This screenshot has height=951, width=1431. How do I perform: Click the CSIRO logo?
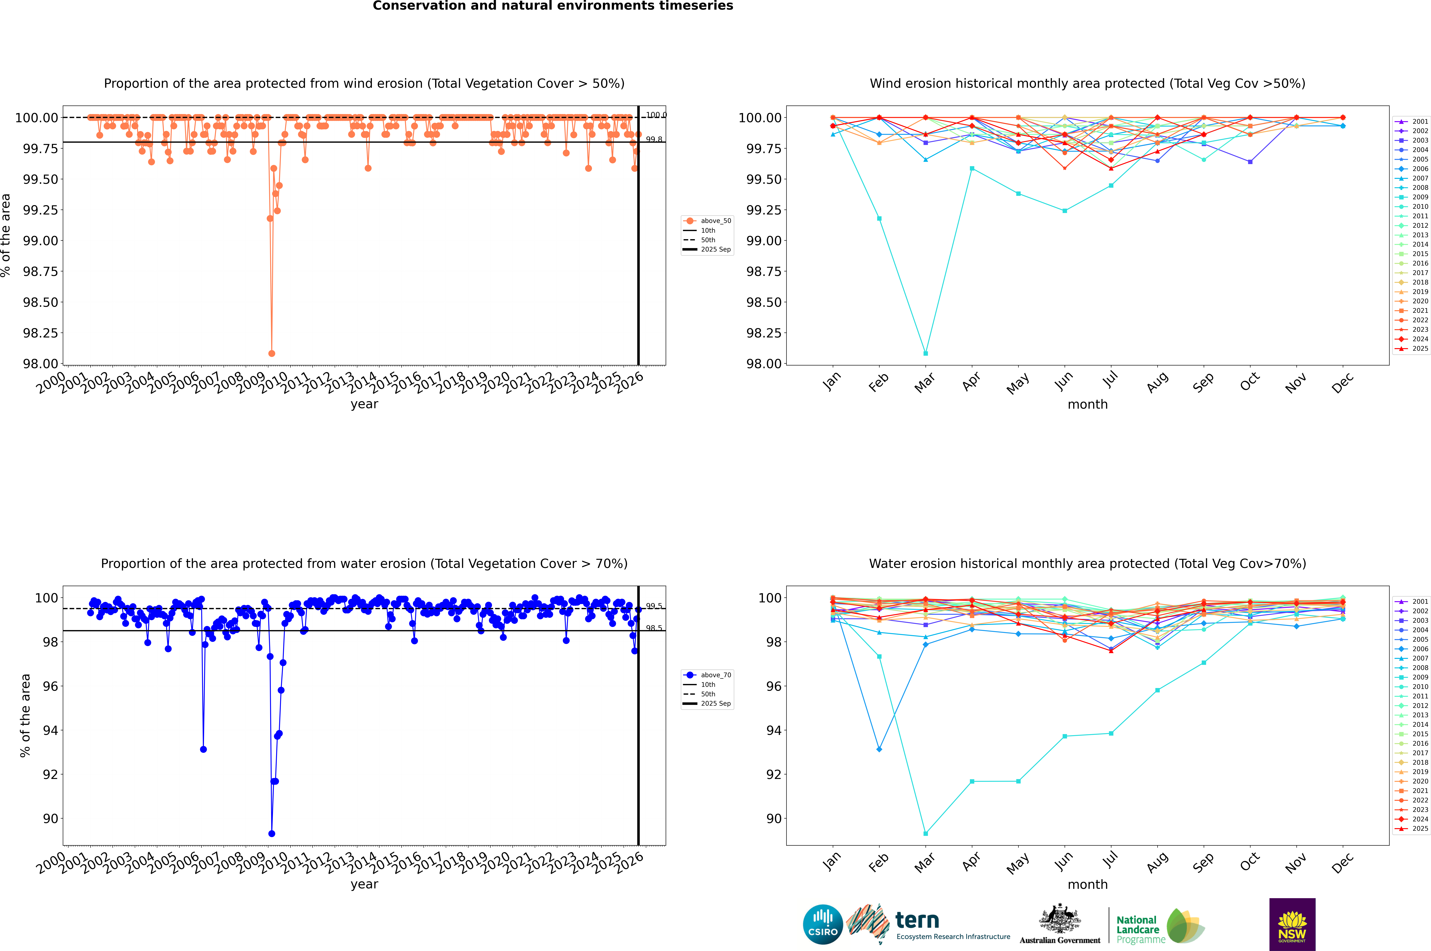click(823, 924)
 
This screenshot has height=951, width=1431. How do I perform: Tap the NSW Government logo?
click(1292, 924)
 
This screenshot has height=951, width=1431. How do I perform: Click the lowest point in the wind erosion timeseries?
click(272, 353)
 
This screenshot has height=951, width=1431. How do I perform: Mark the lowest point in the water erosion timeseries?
click(272, 833)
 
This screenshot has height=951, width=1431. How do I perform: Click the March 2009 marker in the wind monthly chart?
click(925, 353)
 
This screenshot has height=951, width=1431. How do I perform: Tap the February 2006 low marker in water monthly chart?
click(879, 749)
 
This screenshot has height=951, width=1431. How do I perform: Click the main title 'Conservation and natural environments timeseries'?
click(553, 6)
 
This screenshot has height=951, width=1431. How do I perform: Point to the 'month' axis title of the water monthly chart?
click(1087, 884)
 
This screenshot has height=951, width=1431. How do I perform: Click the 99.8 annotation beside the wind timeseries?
click(654, 140)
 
